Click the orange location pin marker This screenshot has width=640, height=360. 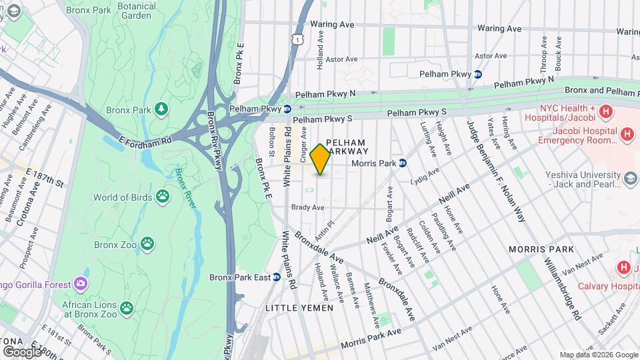(321, 159)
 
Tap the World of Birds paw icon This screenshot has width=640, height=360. (163, 197)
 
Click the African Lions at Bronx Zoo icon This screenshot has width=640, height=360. (126, 308)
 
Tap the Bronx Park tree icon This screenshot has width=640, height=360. (161, 108)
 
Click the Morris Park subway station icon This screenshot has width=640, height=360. (403, 163)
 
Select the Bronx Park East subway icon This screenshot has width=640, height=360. (275, 277)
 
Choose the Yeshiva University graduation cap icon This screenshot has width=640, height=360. (631, 178)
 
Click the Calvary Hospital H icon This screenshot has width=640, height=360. (624, 268)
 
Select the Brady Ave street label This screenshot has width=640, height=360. (307, 207)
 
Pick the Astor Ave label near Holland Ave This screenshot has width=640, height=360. (342, 59)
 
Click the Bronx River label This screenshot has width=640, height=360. (185, 188)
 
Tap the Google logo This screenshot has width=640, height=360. (21, 351)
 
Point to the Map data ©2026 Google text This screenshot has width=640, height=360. (598, 355)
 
